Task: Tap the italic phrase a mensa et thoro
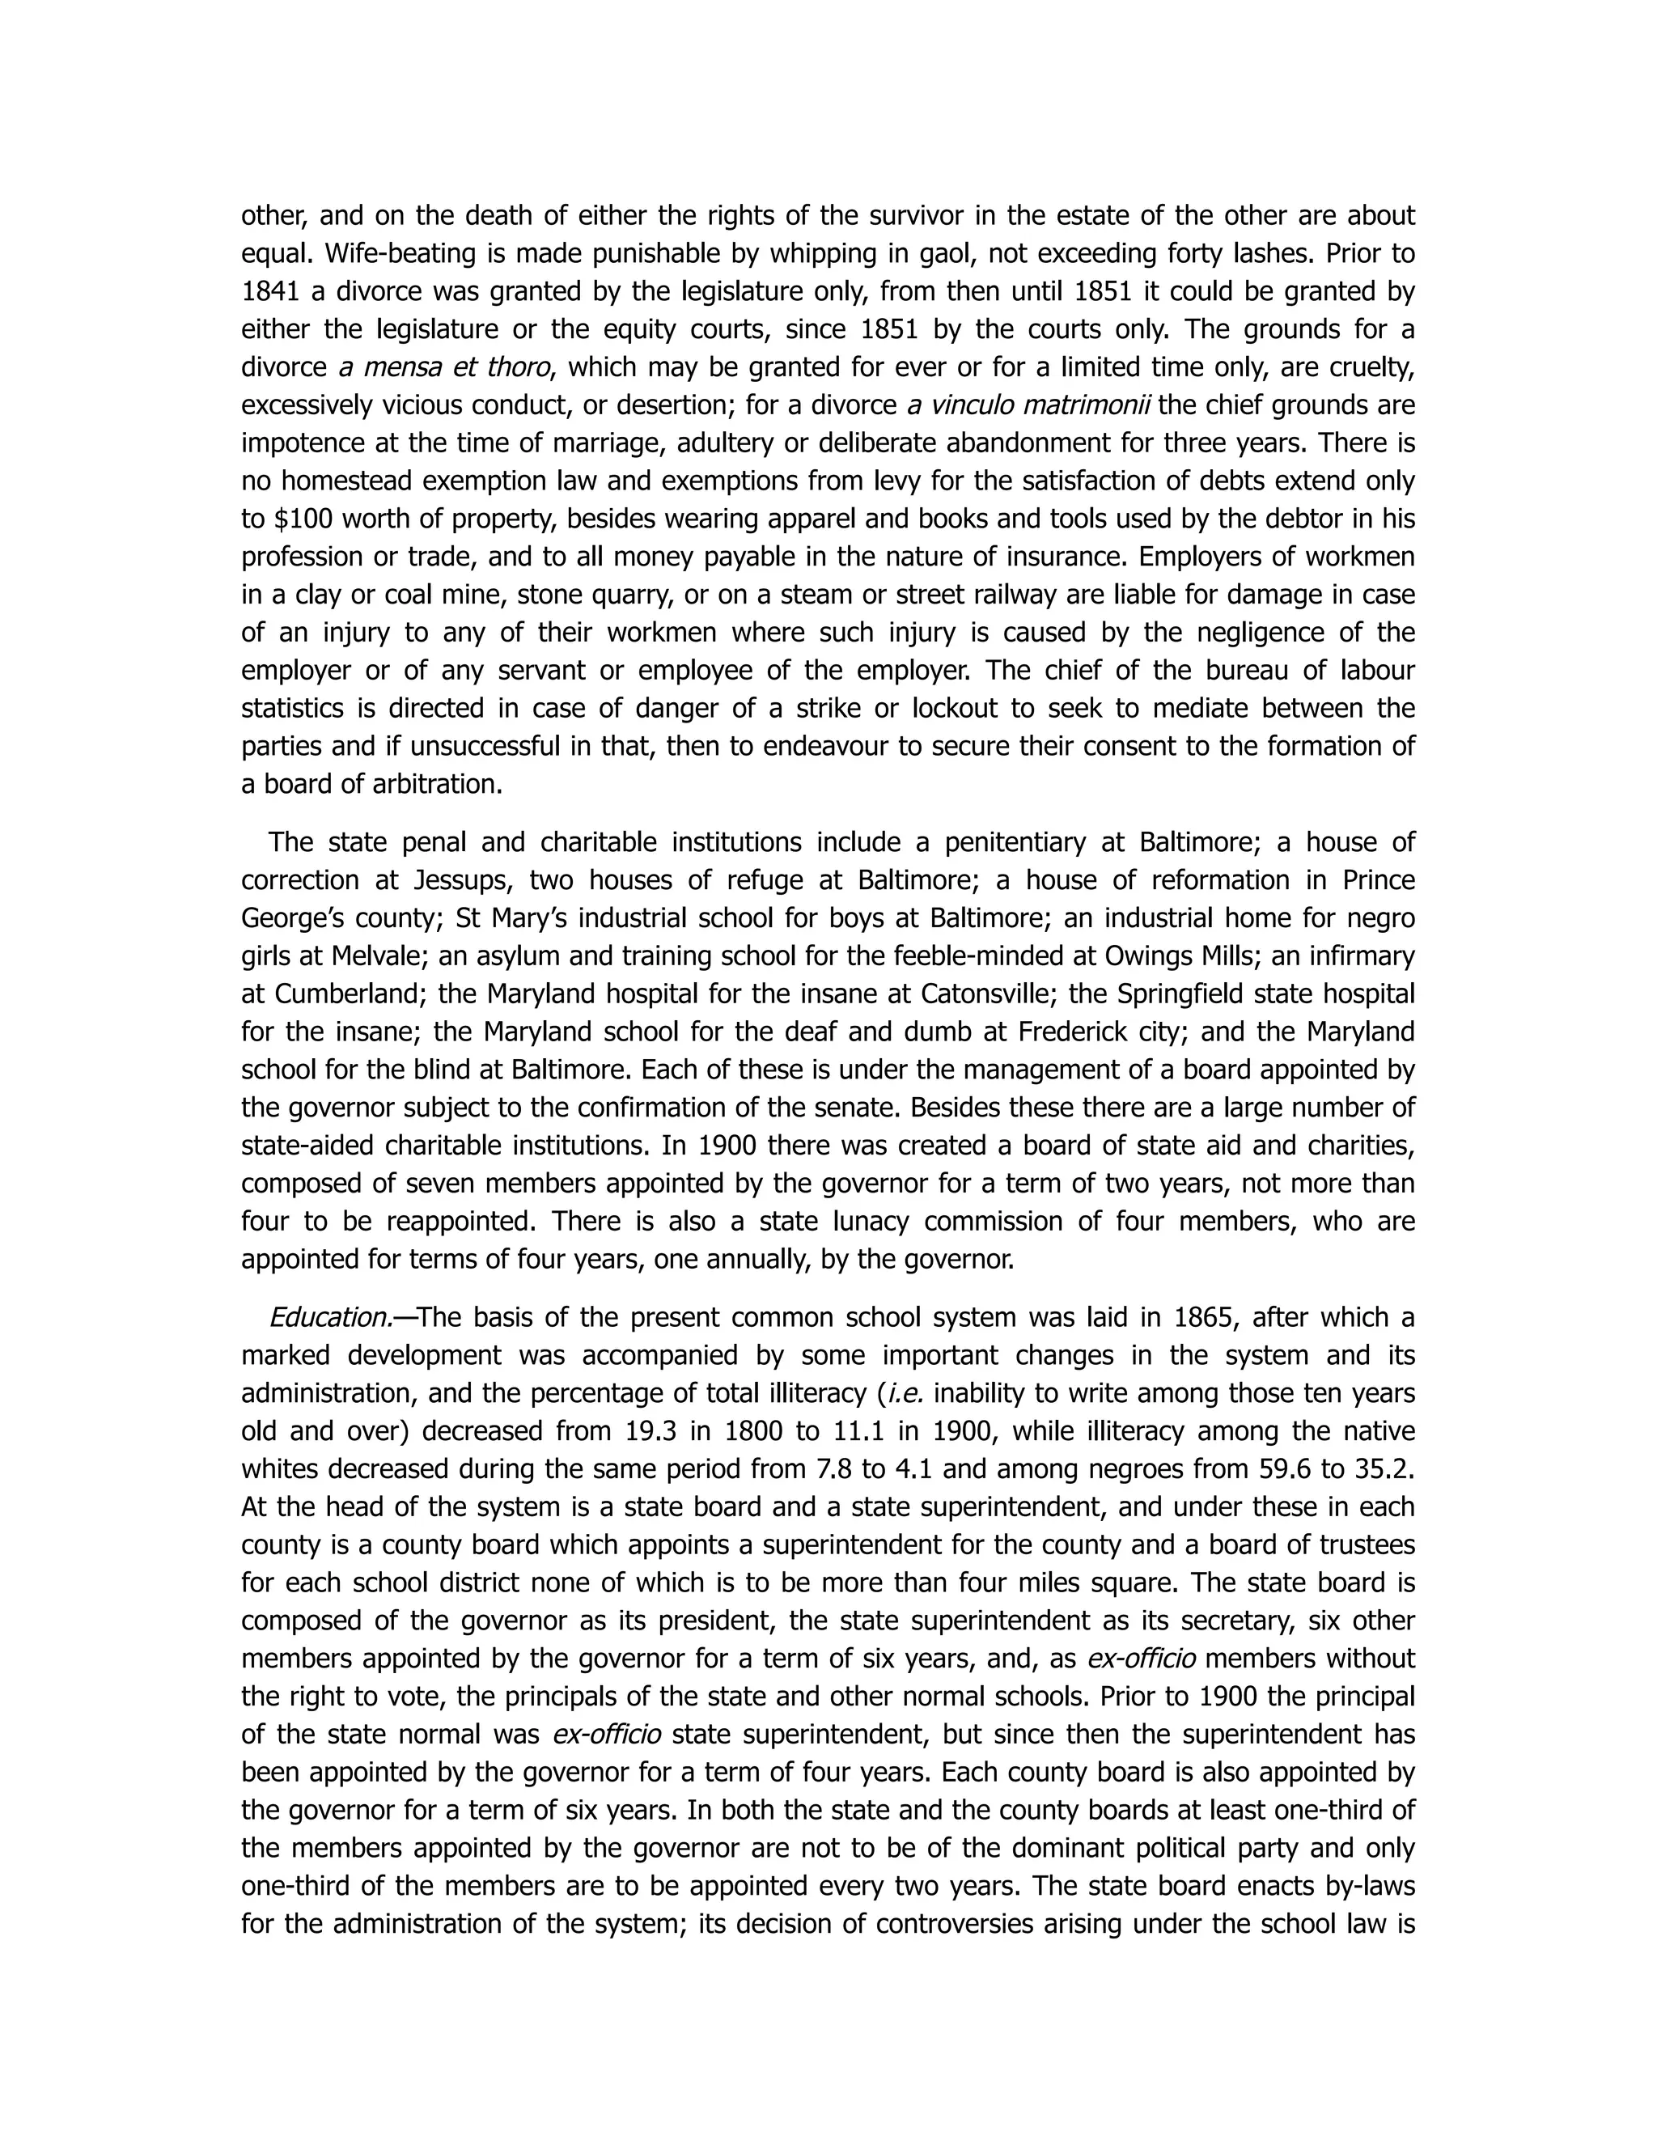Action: tap(443, 368)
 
